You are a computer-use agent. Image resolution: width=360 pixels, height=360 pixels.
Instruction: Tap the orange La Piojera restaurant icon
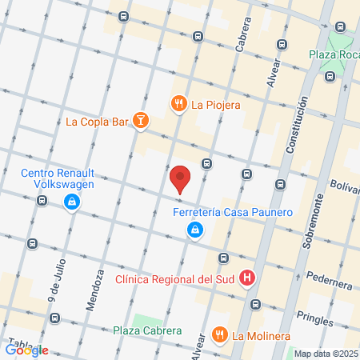coord(178,103)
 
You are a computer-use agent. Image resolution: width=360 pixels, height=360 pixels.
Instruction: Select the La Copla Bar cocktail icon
coord(141,122)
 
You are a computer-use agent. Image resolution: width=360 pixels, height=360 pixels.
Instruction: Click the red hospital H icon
coord(248,279)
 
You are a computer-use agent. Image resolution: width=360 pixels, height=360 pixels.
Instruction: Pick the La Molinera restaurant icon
coord(219,335)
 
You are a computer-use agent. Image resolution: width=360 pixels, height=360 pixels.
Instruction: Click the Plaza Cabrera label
coord(147,330)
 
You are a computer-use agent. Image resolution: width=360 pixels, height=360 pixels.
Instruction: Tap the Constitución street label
coord(298,126)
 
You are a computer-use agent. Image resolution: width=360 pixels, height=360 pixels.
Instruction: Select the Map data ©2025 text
coord(326,354)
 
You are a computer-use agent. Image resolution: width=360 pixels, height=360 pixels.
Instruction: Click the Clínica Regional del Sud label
coord(176,279)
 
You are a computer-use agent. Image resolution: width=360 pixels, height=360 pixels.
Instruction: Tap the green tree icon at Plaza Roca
coord(341,30)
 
